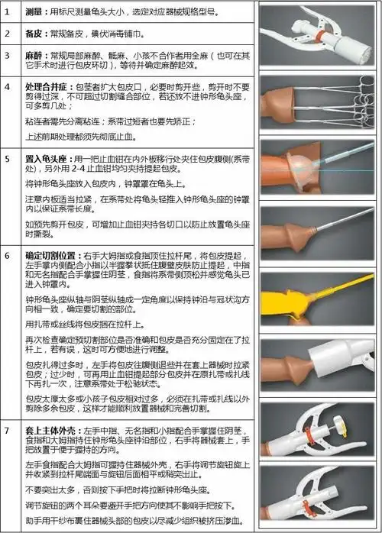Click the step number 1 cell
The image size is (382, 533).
(8, 13)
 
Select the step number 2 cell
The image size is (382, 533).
(8, 34)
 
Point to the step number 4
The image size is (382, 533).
(8, 86)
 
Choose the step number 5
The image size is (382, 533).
(8, 157)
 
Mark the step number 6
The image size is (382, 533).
(8, 254)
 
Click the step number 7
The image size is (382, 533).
(8, 431)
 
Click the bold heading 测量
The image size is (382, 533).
(34, 13)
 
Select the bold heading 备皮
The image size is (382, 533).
(34, 34)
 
